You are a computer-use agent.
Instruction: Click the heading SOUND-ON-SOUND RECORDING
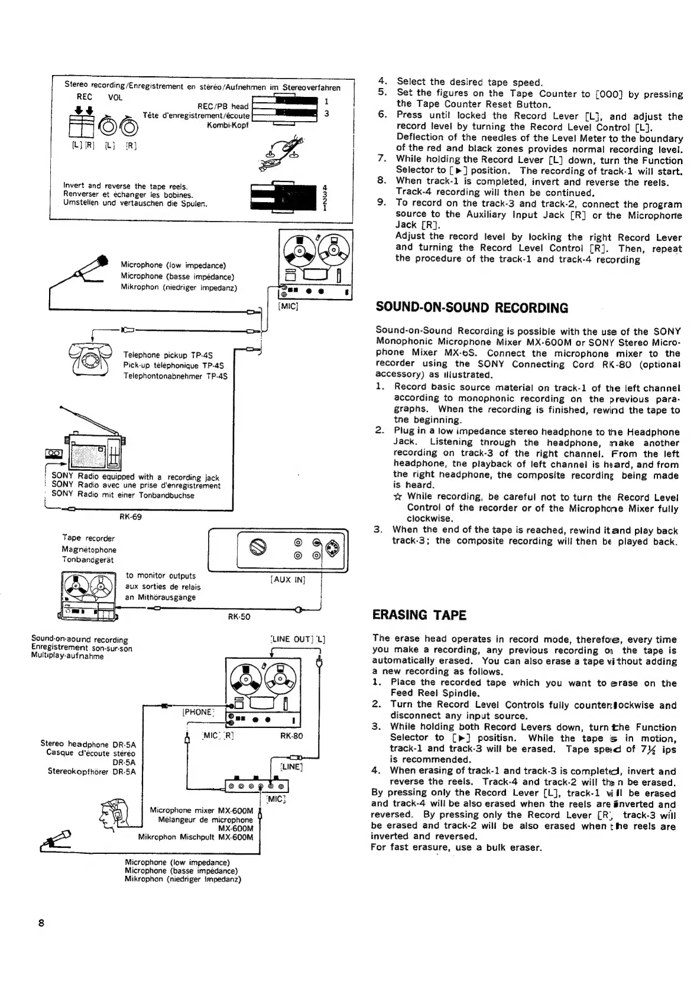[x=472, y=308]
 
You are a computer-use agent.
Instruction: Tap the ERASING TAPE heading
[x=419, y=615]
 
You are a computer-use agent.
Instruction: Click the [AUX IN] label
[x=287, y=579]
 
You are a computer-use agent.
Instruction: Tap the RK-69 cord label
[x=131, y=516]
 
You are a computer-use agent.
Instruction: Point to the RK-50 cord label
[x=239, y=616]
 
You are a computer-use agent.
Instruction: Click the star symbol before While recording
[x=398, y=496]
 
